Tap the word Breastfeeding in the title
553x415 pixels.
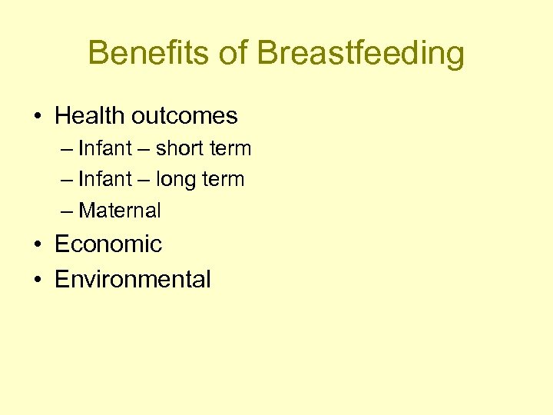tap(360, 54)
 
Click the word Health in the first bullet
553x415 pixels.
tap(89, 116)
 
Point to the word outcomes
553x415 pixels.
tap(184, 116)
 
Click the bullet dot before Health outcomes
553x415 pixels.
tap(38, 117)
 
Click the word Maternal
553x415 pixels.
tap(120, 211)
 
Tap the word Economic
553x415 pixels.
tap(108, 244)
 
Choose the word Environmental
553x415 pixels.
tap(132, 279)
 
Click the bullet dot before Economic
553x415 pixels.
tap(38, 245)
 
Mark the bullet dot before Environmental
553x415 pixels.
tap(38, 280)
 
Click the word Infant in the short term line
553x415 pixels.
tap(105, 148)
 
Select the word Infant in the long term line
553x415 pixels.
tap(105, 179)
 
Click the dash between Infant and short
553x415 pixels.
tap(144, 148)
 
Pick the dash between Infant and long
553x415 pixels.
tap(144, 180)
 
